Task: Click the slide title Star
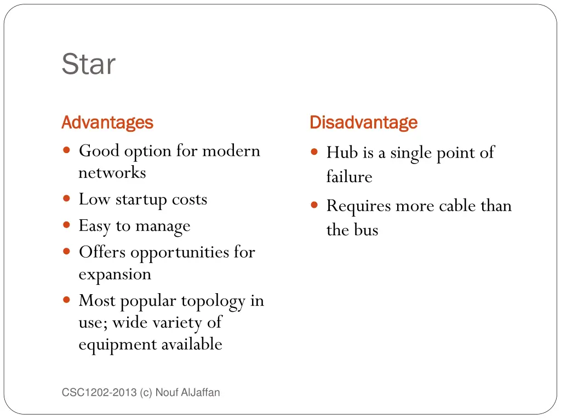pyautogui.click(x=88, y=64)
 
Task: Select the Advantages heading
pyautogui.click(x=107, y=122)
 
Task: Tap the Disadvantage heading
pyautogui.click(x=363, y=122)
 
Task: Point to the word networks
pyautogui.click(x=112, y=173)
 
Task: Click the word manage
pyautogui.click(x=163, y=226)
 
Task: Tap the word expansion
pyautogui.click(x=115, y=274)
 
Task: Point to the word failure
pyautogui.click(x=349, y=177)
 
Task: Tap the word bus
pyautogui.click(x=366, y=230)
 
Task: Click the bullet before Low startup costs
pyautogui.click(x=66, y=200)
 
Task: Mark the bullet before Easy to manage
pyautogui.click(x=66, y=226)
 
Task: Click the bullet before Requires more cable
pyautogui.click(x=314, y=206)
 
